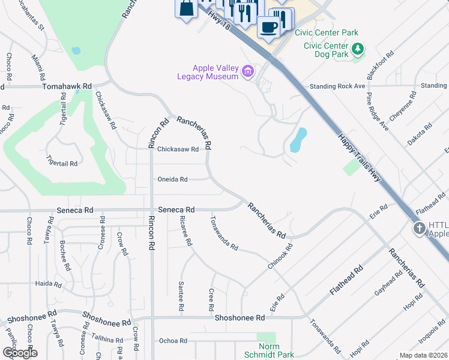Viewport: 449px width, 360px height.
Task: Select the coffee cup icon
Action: (268, 26)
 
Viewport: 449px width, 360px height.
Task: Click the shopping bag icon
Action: (187, 9)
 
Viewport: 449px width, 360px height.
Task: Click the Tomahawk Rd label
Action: (67, 86)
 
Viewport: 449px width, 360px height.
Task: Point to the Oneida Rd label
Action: (172, 179)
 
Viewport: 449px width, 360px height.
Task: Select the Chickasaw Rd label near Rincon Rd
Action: (178, 150)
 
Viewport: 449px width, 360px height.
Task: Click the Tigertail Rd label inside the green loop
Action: (62, 163)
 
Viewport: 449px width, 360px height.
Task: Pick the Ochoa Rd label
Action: (173, 341)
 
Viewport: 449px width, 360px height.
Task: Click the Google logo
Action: (19, 352)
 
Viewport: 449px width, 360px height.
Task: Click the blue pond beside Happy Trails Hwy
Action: (298, 140)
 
